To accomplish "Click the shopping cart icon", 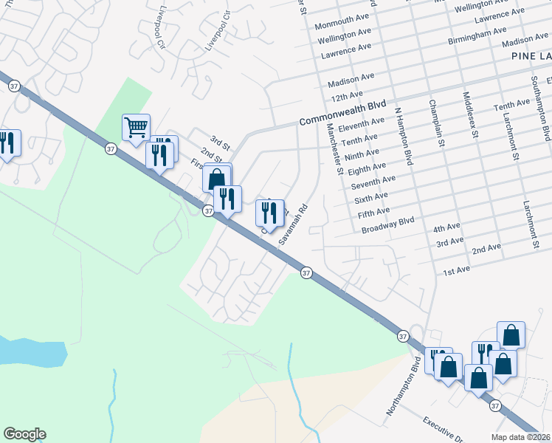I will click(136, 128).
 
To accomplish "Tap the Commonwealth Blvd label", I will click(344, 106).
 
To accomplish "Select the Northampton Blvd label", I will click(401, 388).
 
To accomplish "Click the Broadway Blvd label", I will click(388, 225).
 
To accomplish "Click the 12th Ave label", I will click(347, 95).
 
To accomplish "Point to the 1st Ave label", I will click(457, 270).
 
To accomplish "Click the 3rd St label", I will click(220, 140).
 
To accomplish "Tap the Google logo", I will click(24, 434).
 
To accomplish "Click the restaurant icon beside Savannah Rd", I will click(269, 212).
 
